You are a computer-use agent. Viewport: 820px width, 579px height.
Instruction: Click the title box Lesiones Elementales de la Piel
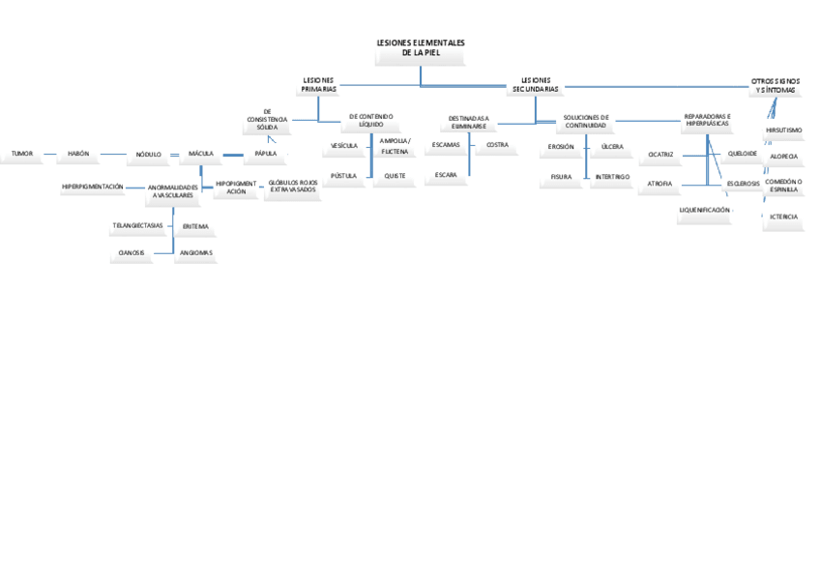click(x=420, y=49)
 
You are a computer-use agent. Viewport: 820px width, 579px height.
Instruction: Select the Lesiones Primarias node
click(x=319, y=85)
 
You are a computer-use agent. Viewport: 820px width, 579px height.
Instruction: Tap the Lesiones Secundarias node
click(x=536, y=85)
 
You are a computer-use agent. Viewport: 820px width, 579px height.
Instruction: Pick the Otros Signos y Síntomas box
click(x=775, y=85)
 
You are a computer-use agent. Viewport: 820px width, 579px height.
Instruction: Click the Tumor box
click(x=21, y=154)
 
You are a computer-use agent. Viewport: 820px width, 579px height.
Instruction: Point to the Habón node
click(x=78, y=154)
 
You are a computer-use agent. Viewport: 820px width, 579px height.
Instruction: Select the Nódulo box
click(x=149, y=155)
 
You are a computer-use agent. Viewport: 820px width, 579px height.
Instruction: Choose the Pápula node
click(x=265, y=154)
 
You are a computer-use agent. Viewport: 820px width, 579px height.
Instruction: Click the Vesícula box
click(x=344, y=146)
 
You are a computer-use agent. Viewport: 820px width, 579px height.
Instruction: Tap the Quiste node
click(x=395, y=176)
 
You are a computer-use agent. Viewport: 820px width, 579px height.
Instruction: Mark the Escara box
click(x=446, y=175)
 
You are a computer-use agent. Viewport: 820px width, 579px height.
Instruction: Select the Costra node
click(x=497, y=145)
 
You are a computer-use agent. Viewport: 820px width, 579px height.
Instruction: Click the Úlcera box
click(x=612, y=147)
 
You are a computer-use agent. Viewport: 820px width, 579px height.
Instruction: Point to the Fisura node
click(x=561, y=177)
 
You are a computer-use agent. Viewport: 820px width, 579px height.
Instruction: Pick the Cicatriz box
click(x=660, y=154)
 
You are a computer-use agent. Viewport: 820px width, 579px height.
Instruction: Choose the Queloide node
click(x=742, y=153)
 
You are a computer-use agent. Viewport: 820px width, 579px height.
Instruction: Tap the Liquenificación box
click(x=704, y=210)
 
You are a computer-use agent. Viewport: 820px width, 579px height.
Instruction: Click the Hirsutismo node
click(x=783, y=130)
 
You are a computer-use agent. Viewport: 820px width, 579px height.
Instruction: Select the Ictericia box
click(x=784, y=217)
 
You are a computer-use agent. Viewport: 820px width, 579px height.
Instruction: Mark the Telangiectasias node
click(x=137, y=225)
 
